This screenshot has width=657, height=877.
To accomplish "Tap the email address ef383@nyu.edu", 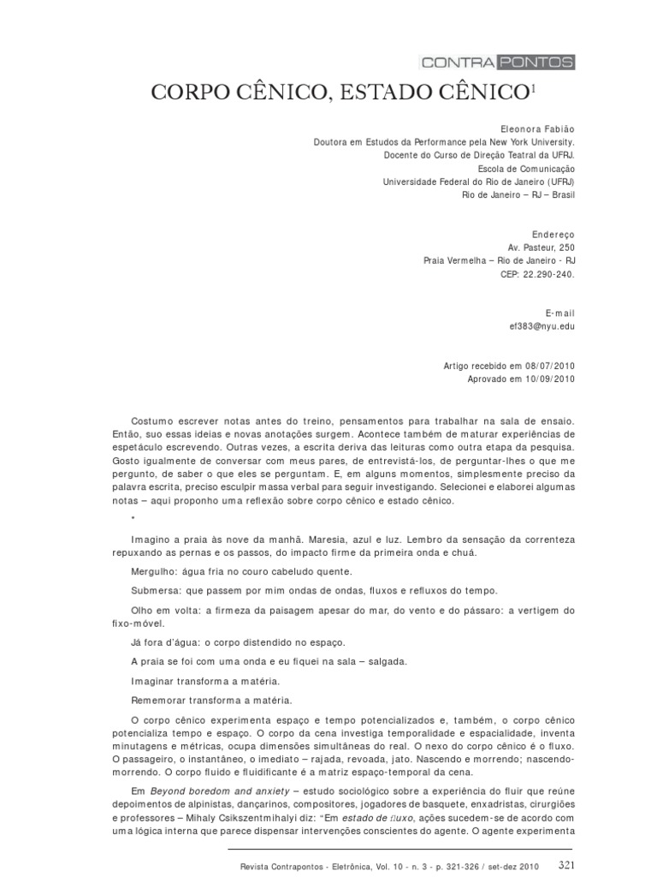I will [542, 327].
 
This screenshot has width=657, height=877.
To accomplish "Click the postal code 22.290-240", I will [544, 276].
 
